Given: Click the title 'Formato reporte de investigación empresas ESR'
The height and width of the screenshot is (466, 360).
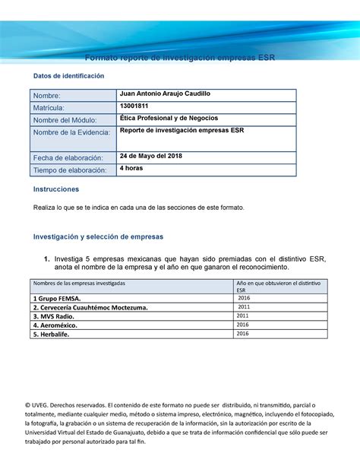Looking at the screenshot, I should click(x=180, y=57).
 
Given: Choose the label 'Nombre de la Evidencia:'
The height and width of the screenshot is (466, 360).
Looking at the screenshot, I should click(x=71, y=133).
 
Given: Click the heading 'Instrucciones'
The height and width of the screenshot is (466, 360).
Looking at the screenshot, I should click(x=55, y=189).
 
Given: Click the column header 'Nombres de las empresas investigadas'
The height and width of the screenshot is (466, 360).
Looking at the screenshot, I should click(x=80, y=283).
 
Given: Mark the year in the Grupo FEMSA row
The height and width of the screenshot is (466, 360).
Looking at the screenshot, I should click(x=244, y=298).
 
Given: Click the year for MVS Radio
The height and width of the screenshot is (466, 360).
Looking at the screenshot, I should click(x=243, y=315).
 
